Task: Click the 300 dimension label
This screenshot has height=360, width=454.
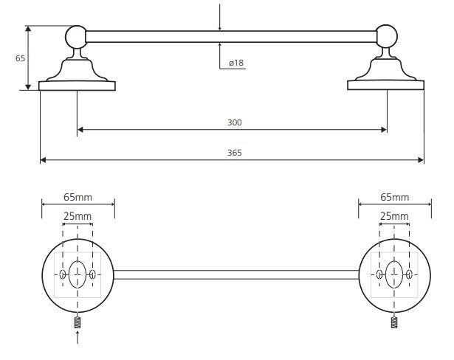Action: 235,122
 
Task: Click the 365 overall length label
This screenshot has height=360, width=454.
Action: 235,153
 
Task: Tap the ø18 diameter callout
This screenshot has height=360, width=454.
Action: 236,63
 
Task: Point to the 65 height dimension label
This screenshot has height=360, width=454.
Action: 20,58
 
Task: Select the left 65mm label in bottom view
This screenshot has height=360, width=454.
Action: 78,198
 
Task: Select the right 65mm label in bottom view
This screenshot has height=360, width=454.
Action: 395,198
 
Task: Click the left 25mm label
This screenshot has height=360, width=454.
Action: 78,216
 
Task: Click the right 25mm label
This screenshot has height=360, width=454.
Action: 394,216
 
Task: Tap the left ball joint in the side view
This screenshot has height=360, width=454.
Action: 76,37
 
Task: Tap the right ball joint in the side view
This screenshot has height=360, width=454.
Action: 387,36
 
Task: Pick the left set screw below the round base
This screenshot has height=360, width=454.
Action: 78,322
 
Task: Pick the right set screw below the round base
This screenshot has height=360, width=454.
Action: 394,322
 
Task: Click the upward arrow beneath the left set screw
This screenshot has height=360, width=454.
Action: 78,337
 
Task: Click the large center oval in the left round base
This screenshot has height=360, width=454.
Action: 78,274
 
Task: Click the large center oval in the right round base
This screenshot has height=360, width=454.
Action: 394,274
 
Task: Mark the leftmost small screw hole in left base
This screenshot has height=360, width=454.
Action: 62,274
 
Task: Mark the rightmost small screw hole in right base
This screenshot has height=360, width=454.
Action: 409,274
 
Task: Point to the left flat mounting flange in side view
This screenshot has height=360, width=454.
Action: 77,86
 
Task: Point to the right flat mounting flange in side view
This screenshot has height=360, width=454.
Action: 385,85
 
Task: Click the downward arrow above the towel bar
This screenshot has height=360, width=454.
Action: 220,17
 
